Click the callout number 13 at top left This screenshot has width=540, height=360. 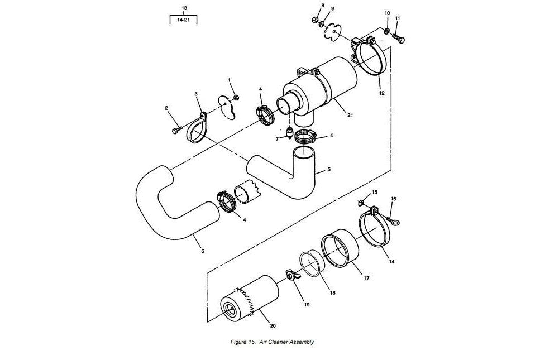coord(184,8)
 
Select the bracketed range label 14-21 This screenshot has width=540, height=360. coord(184,20)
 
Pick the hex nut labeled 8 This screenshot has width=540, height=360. coord(314,20)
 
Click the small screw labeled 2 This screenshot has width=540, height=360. coord(176,130)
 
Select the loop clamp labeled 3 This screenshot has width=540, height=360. coord(197,127)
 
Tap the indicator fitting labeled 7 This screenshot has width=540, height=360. coord(289,133)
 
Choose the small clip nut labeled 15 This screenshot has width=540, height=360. coord(361,203)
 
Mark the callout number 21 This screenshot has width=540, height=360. coord(350,116)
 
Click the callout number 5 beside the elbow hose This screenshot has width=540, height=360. coord(329,169)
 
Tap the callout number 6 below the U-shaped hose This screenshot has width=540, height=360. coord(203,251)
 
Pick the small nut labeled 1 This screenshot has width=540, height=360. coord(236,98)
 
